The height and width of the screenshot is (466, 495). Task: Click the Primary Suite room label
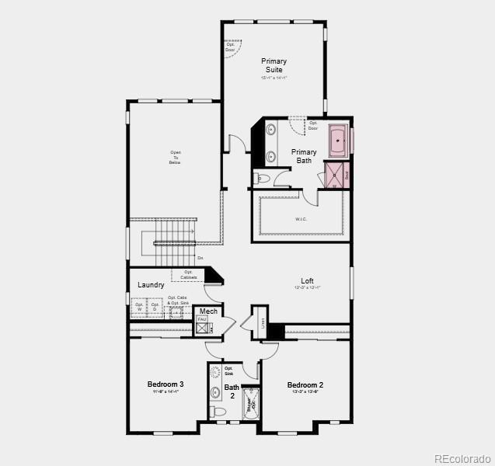(274, 65)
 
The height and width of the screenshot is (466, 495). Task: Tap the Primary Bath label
(305, 156)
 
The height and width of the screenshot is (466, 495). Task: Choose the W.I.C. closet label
(302, 219)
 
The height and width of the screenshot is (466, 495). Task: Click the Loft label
(308, 281)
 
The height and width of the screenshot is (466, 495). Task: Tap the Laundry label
(151, 285)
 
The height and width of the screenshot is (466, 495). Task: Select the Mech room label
(208, 311)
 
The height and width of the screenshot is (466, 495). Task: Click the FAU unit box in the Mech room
(202, 319)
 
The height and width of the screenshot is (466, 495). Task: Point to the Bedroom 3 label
(166, 384)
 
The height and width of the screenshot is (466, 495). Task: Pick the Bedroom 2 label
(305, 385)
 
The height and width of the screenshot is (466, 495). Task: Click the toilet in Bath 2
(218, 411)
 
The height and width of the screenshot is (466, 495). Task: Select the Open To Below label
(175, 157)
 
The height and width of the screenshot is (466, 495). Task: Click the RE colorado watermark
(462, 457)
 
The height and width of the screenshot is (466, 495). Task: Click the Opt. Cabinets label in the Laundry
(189, 274)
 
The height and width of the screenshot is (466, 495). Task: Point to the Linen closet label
(263, 322)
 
